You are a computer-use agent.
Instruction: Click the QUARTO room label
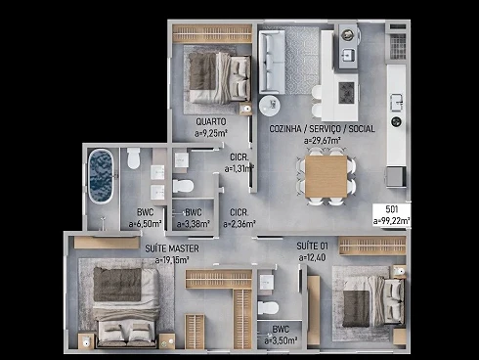click(211, 121)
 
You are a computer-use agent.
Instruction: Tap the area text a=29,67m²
click(323, 141)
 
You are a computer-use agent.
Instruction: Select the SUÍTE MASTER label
click(172, 248)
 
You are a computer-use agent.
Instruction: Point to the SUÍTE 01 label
click(312, 246)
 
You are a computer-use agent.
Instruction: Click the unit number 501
click(392, 209)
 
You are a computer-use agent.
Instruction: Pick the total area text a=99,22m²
click(391, 221)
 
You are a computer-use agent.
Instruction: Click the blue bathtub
click(101, 176)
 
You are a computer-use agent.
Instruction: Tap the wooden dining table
click(326, 176)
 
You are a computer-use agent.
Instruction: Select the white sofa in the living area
click(272, 61)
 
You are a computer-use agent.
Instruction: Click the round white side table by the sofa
click(269, 106)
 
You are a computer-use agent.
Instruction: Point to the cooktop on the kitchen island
click(346, 93)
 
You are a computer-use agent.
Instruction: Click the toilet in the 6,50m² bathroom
click(133, 158)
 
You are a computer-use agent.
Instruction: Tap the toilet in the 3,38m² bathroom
click(183, 186)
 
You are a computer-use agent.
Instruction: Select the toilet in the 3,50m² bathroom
click(268, 308)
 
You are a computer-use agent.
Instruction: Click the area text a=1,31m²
click(239, 169)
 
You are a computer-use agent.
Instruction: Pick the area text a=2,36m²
click(239, 224)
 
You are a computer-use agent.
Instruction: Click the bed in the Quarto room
click(219, 77)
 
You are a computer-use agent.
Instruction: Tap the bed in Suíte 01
click(373, 300)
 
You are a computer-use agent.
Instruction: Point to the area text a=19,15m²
click(172, 260)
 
